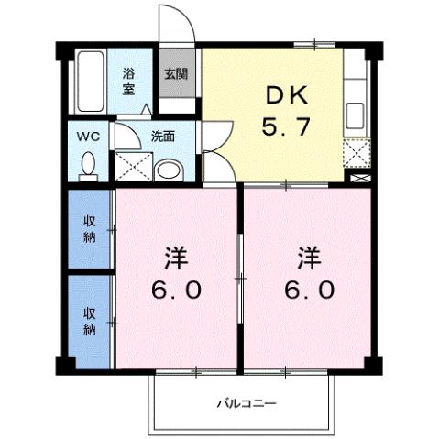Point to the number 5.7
[x=287, y=130]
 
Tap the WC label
[x=87, y=137]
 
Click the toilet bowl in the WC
[x=89, y=165]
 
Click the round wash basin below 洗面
[x=168, y=170]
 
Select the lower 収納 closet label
[x=91, y=320]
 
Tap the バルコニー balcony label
[x=246, y=401]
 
